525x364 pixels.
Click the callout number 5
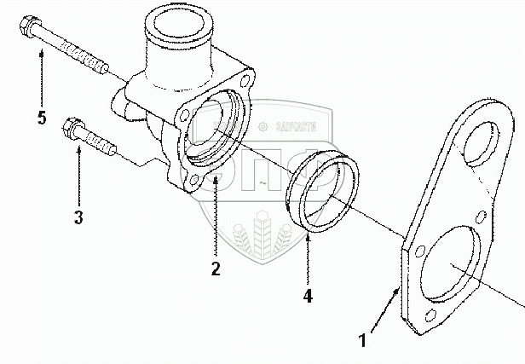41,118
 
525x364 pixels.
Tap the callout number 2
216,269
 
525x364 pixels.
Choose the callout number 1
364,342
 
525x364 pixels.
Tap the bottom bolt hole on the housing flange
192,181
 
